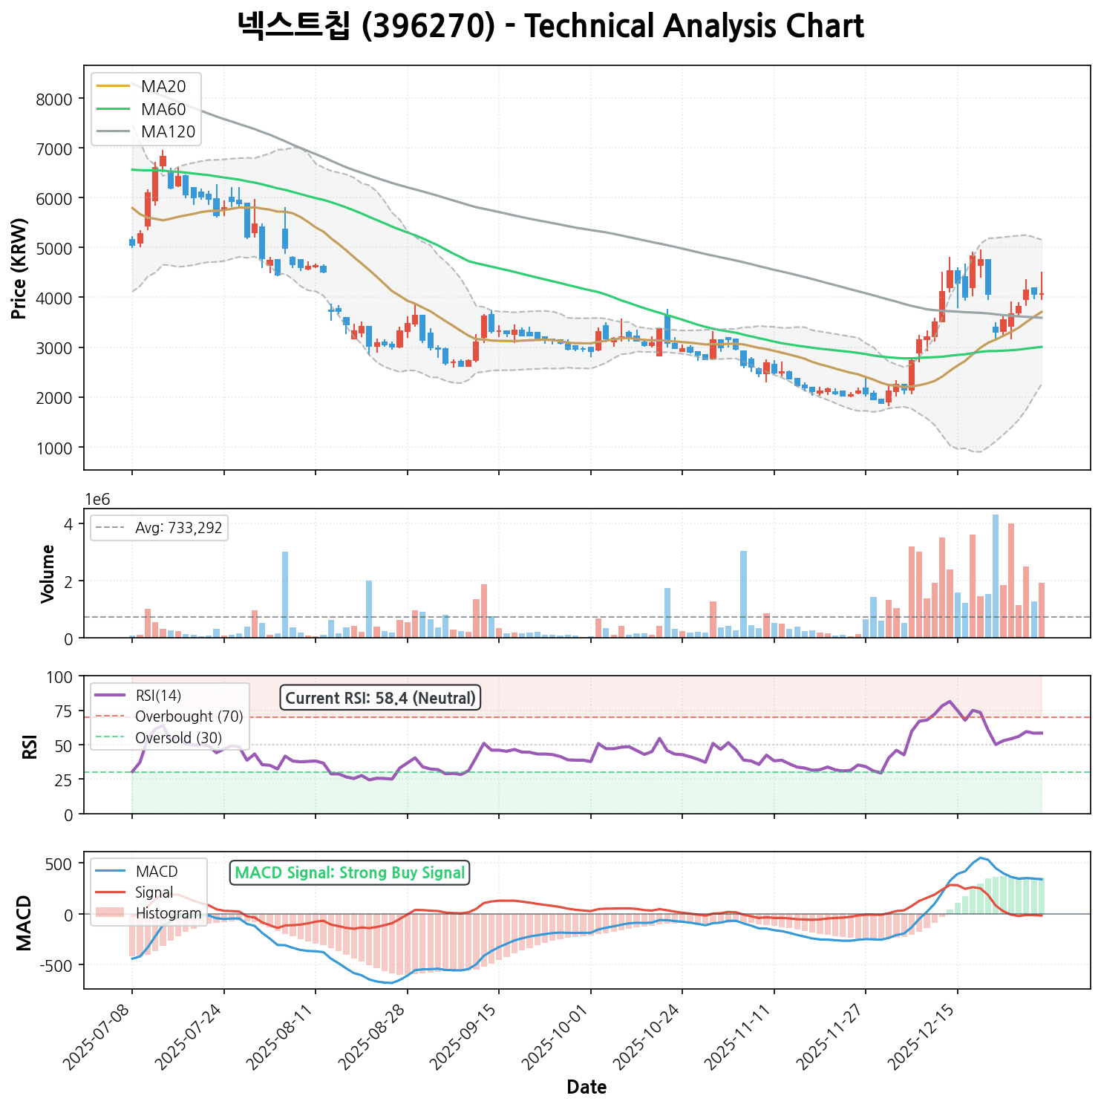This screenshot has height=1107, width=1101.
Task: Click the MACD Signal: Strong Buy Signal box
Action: [350, 873]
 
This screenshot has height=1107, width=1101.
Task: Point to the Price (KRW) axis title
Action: [20, 268]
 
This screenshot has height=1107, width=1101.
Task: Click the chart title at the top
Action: [550, 27]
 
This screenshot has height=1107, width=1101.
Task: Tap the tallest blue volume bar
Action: [996, 576]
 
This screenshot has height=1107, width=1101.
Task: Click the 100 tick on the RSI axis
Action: [63, 677]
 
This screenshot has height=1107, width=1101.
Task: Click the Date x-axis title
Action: [587, 1088]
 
